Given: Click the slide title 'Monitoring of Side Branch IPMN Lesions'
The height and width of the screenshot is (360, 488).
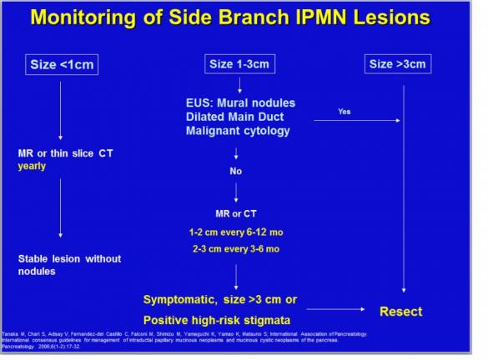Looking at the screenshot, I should point(244,19).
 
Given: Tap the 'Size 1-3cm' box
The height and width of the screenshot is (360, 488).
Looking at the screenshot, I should point(239,63).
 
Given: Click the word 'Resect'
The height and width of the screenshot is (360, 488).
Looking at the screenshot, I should point(401,312).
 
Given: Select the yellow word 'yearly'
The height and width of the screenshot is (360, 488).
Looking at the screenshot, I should point(33,166).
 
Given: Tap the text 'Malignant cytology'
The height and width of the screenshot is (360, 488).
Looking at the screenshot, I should point(237,131).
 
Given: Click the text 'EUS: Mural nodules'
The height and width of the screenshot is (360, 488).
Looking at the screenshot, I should point(239,102).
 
